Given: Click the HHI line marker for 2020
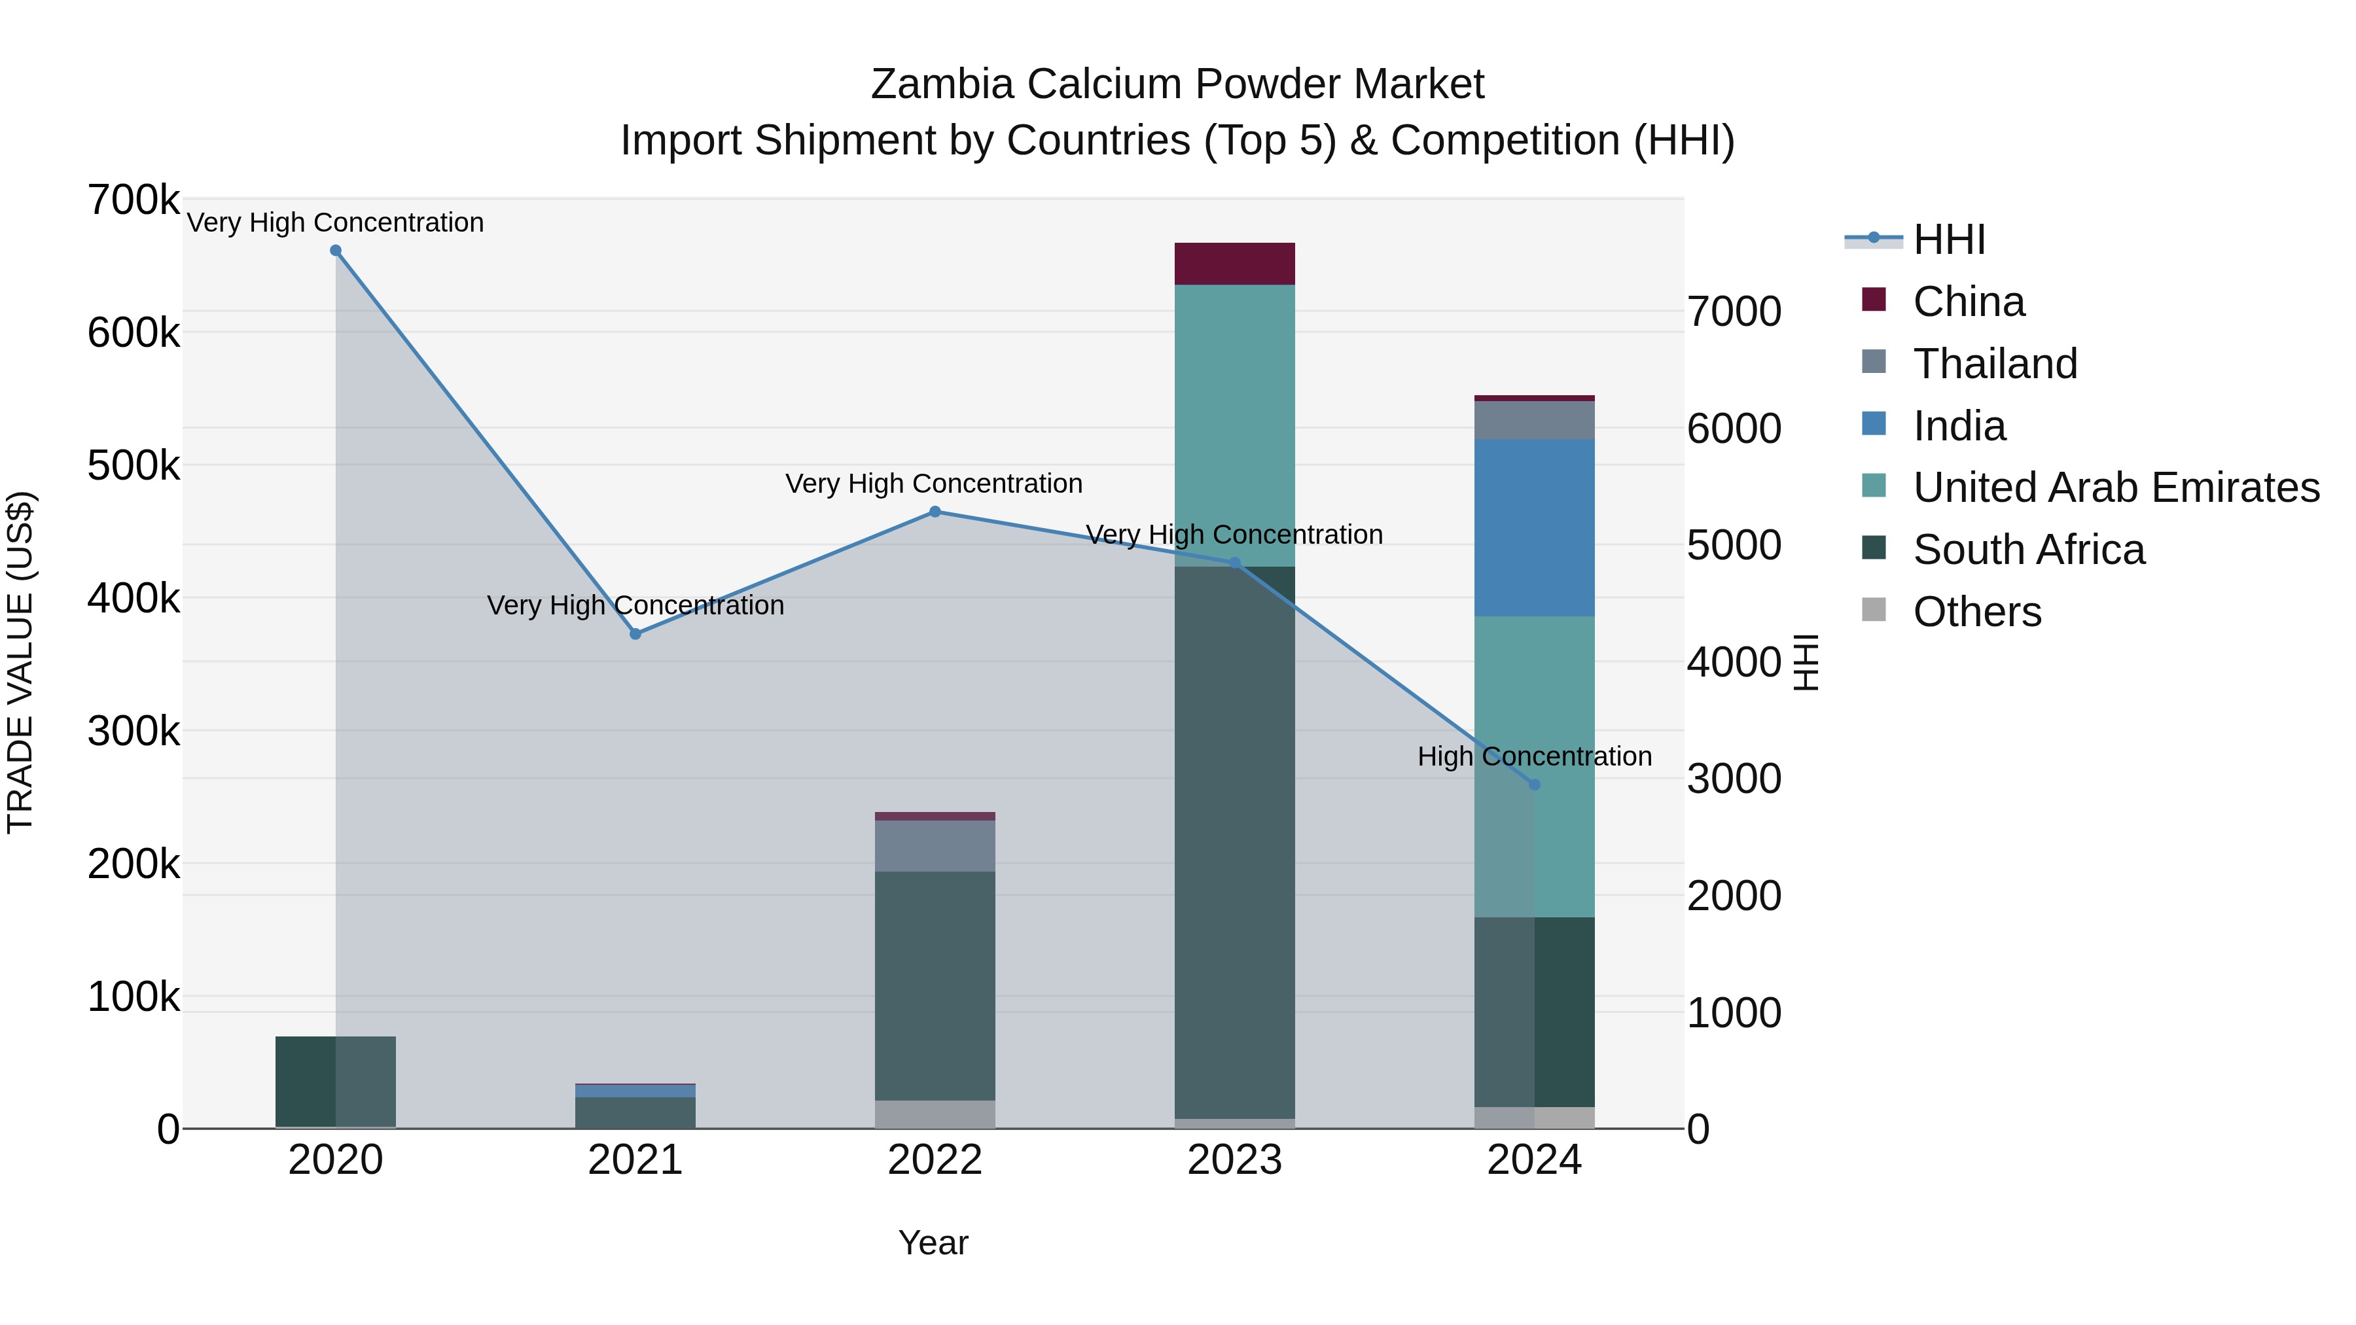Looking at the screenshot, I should click(x=336, y=251).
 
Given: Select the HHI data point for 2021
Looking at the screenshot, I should click(x=635, y=633).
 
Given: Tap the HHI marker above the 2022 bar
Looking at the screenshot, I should click(x=935, y=512).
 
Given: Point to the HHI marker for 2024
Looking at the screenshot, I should click(x=1535, y=785).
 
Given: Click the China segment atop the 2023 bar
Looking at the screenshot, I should click(x=1235, y=264).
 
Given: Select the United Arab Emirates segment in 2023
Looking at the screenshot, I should click(x=1235, y=425).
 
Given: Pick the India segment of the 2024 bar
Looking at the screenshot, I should click(x=1535, y=527).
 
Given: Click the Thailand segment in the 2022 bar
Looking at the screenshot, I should click(x=935, y=846).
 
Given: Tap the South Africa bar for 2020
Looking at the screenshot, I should click(x=336, y=1082).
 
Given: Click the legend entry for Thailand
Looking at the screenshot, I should click(x=1994, y=364).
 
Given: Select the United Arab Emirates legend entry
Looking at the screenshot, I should click(x=2115, y=487).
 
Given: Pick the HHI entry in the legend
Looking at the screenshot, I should click(x=1948, y=239).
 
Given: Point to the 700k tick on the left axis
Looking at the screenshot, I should click(x=134, y=200).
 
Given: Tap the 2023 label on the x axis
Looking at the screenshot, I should click(x=1235, y=1160).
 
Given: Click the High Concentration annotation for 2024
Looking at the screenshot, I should click(x=1535, y=756).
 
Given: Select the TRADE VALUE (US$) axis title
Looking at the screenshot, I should click(x=21, y=662).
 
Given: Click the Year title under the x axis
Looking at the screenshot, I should click(x=933, y=1243).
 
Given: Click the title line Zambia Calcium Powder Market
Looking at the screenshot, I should click(x=1177, y=84).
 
